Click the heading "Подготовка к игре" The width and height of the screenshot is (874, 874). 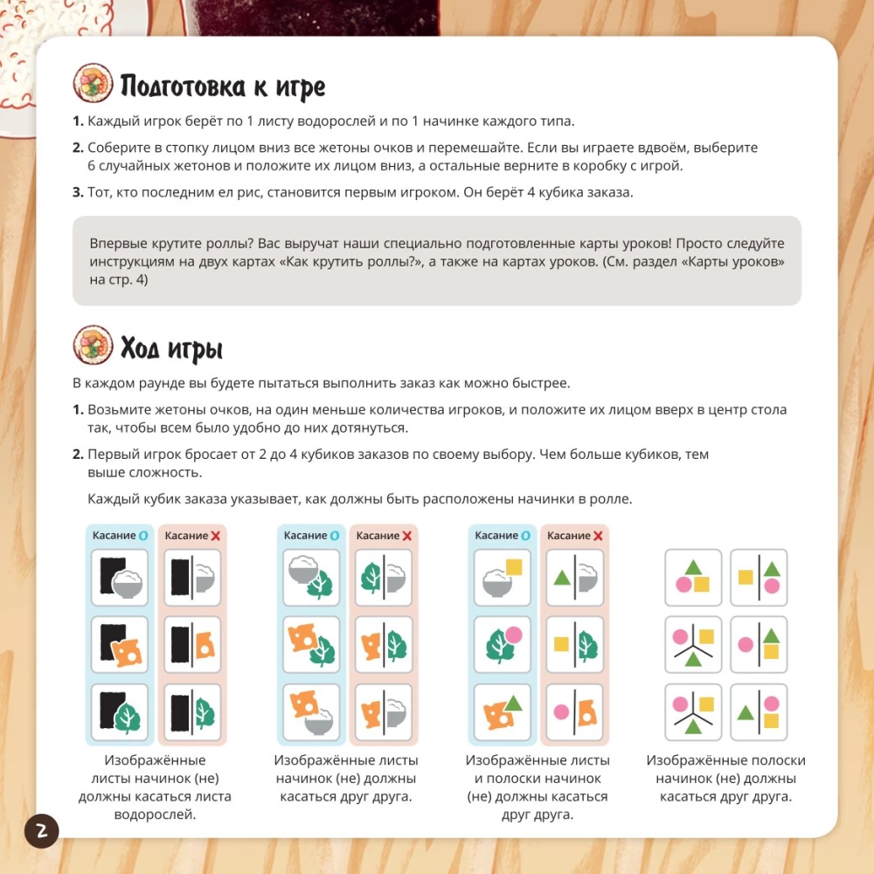(x=222, y=87)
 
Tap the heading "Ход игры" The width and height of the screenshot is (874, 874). (x=171, y=349)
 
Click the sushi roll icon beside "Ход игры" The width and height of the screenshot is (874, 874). (x=93, y=345)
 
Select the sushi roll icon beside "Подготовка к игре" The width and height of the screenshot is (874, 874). (x=93, y=83)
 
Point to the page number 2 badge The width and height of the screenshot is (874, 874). (x=41, y=831)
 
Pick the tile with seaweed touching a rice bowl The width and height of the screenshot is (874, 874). (x=119, y=578)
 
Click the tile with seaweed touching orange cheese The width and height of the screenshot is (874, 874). (x=119, y=645)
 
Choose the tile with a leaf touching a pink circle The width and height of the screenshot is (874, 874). (x=503, y=645)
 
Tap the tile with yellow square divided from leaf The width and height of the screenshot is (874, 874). (x=575, y=645)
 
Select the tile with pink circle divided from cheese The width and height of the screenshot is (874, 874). (x=575, y=712)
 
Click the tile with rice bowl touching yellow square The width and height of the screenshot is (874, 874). (x=503, y=578)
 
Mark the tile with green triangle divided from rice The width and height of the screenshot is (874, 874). (x=575, y=578)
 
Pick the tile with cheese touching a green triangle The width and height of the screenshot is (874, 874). (x=503, y=712)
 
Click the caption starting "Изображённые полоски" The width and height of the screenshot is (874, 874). (x=725, y=778)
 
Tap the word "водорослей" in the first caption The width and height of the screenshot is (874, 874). (x=155, y=815)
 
